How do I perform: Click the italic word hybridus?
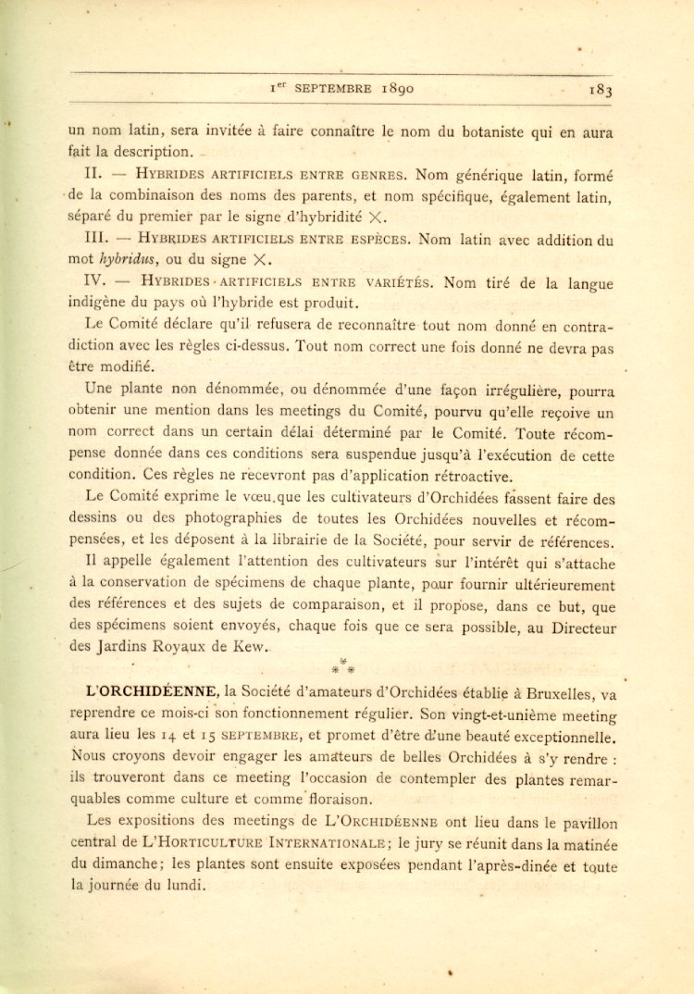click(127, 261)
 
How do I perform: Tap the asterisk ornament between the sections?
click(342, 665)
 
